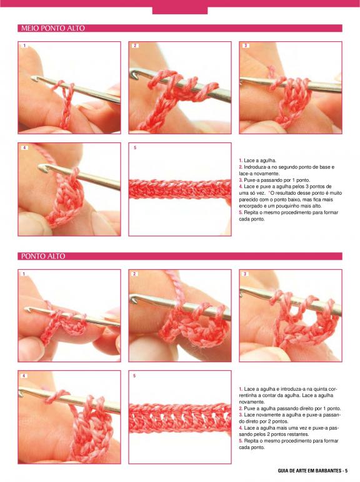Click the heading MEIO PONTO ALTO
click(53, 28)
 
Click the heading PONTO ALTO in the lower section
click(43, 257)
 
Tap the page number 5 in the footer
click(346, 471)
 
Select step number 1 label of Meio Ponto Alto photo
click(24, 46)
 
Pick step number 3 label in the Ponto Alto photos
click(245, 274)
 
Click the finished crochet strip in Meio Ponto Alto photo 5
click(180, 189)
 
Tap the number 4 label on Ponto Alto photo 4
click(24, 376)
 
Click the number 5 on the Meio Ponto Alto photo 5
click(135, 148)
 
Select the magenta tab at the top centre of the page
click(180, 11)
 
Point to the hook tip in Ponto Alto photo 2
click(132, 298)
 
